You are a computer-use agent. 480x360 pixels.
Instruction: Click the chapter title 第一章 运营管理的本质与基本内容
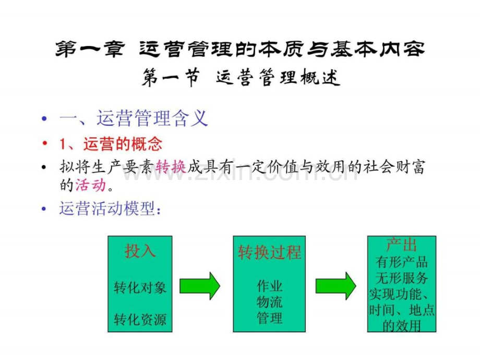[240, 49]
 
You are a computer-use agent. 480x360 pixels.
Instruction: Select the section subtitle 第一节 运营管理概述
[241, 77]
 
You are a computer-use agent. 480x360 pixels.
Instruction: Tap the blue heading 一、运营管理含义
[134, 118]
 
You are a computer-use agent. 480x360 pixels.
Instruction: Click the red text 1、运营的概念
[111, 144]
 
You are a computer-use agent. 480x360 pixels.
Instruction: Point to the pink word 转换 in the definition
[171, 167]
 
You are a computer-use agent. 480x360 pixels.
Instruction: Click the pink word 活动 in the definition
[91, 185]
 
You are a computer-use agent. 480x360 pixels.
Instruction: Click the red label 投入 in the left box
[140, 251]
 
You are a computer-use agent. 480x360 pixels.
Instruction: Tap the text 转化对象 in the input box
[140, 287]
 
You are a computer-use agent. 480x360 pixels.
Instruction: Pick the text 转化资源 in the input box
[140, 319]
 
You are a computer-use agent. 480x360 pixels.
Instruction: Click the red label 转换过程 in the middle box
[269, 253]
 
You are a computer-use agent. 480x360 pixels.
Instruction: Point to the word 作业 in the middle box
[269, 286]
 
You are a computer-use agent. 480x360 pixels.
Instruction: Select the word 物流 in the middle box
[269, 302]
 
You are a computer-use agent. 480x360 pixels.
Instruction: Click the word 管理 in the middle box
[269, 318]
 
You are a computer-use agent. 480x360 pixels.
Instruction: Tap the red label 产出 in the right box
[402, 245]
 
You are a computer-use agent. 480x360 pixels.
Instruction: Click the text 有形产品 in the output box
[402, 262]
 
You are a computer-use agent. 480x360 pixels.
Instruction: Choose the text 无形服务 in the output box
[402, 278]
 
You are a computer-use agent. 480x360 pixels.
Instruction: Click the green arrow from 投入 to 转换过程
[200, 285]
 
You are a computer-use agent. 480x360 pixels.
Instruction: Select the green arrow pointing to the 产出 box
[336, 285]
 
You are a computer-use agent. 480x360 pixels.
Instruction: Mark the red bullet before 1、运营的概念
[45, 143]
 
